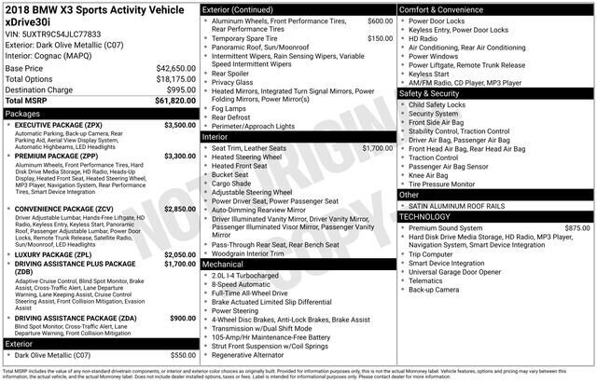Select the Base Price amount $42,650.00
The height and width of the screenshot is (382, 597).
174,69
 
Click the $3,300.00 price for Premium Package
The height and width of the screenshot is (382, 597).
180,156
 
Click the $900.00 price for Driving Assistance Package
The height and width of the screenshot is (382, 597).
182,319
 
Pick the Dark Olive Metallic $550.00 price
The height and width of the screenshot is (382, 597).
182,355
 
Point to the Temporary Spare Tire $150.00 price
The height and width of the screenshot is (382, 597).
380,38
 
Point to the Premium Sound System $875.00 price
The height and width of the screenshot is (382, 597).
577,227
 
